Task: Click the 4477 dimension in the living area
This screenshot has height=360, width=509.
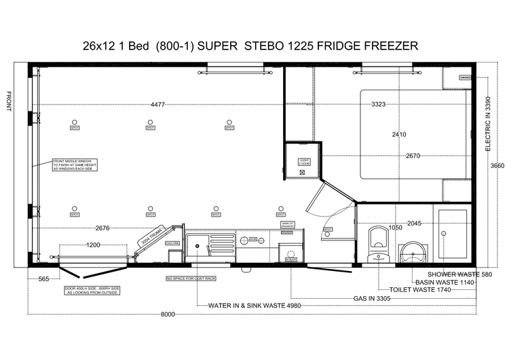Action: (157, 105)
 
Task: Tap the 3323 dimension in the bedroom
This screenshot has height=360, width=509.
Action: (383, 105)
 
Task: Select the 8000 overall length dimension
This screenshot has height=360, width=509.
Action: (168, 314)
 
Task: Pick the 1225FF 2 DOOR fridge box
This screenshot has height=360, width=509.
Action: (303, 161)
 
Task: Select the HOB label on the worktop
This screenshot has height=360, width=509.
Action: (252, 240)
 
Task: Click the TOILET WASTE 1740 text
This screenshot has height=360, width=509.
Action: (415, 289)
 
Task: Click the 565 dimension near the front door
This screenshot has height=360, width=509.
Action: (44, 278)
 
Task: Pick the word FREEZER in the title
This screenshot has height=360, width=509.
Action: (390, 46)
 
